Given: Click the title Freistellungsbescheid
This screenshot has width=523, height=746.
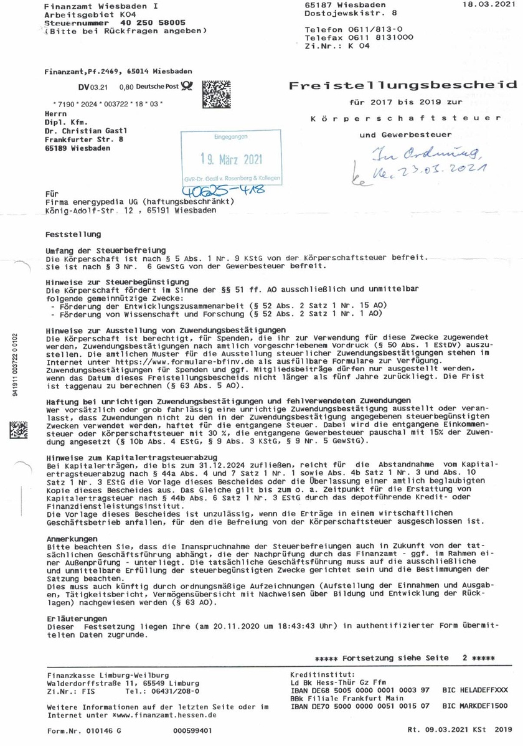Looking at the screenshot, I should pyautogui.click(x=402, y=85).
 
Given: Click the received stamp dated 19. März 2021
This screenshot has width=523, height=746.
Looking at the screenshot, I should pyautogui.click(x=230, y=158).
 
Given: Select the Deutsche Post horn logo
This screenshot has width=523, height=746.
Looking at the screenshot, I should pyautogui.click(x=187, y=88).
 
